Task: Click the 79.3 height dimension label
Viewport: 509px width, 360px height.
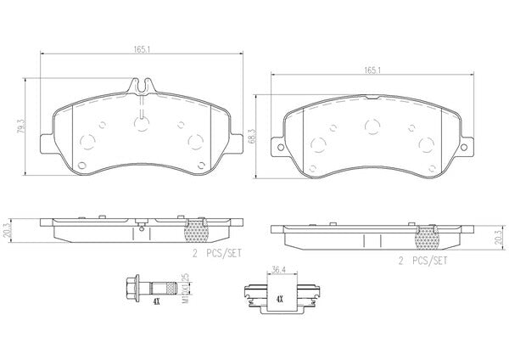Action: click(x=20, y=127)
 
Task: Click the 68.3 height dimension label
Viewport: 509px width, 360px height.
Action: click(x=252, y=136)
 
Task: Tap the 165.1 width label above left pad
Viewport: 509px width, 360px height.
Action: click(x=142, y=49)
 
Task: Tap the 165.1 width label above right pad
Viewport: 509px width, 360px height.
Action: click(x=372, y=70)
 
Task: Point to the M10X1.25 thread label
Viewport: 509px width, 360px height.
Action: click(x=185, y=289)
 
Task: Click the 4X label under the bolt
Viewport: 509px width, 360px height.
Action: click(x=156, y=301)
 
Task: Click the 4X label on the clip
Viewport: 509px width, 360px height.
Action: click(x=279, y=299)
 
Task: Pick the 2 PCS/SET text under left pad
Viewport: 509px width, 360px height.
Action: click(x=217, y=253)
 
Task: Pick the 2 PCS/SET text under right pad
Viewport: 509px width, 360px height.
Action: click(x=422, y=261)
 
